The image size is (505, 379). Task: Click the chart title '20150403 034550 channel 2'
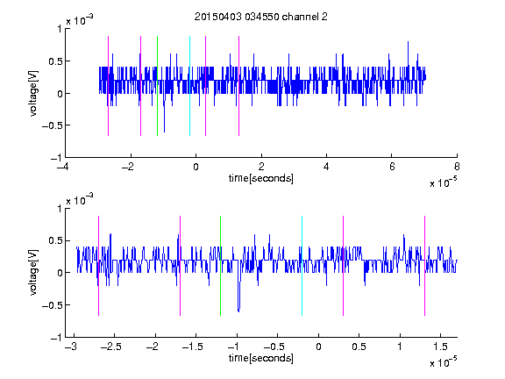point(261,17)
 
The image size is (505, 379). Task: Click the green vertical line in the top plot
point(157,86)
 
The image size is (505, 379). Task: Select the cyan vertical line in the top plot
point(189,86)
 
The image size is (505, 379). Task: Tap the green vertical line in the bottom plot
point(220,266)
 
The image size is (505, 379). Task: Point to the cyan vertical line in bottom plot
point(302,266)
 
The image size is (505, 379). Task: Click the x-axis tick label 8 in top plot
point(457,167)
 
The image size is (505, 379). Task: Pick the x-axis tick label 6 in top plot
point(392,167)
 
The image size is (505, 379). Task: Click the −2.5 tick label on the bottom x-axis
point(110,347)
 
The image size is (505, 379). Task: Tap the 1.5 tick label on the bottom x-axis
point(440,347)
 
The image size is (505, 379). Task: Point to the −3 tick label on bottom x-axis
point(70,347)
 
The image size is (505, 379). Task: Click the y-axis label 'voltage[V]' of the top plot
point(33,94)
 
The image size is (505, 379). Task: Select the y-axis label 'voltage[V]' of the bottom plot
point(33,273)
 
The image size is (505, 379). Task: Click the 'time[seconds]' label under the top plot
point(261,178)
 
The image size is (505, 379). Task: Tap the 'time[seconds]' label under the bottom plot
point(261,358)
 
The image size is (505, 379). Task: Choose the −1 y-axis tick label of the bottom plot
point(56,338)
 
